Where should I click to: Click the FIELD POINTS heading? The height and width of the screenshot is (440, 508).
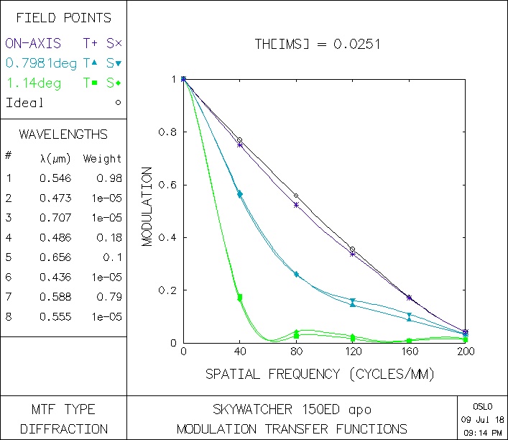tap(63, 18)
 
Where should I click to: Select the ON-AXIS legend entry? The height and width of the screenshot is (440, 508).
tap(33, 43)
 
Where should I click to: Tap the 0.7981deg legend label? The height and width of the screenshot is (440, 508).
tap(41, 63)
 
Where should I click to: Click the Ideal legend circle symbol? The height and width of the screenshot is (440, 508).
tap(118, 102)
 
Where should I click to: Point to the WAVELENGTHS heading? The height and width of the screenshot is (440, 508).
tap(63, 134)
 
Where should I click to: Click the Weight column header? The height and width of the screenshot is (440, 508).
tap(102, 159)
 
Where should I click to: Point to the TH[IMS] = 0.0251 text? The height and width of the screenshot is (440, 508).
tap(318, 45)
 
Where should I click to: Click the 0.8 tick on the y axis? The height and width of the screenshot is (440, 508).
tap(167, 132)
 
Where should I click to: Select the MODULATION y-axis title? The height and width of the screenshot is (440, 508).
tap(147, 207)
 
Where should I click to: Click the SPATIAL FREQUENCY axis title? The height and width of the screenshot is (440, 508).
tap(320, 374)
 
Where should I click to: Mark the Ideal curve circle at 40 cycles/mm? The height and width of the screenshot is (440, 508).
tap(240, 140)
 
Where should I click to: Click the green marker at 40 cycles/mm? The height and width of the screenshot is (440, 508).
tap(240, 297)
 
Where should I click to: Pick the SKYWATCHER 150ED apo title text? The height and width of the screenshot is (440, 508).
tap(292, 410)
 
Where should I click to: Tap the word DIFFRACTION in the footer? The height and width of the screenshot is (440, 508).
tap(63, 429)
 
